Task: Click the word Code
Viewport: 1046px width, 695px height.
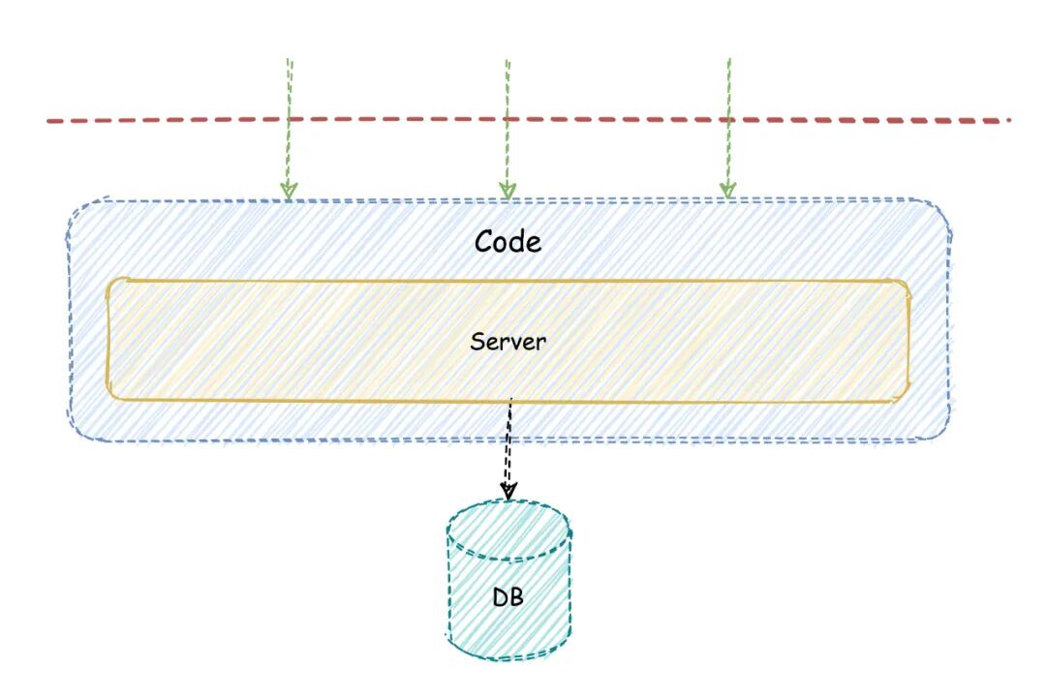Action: click(x=508, y=240)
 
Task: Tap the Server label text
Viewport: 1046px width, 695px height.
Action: click(x=508, y=341)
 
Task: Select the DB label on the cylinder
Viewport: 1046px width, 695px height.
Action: click(x=508, y=597)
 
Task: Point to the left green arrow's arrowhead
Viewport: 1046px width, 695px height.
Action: click(x=288, y=189)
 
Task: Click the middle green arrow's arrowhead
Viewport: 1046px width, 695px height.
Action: click(x=507, y=190)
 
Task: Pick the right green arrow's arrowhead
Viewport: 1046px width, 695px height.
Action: click(x=727, y=189)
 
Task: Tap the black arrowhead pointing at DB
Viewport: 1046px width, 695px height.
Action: click(x=508, y=491)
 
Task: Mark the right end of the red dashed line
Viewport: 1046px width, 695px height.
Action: click(x=1007, y=121)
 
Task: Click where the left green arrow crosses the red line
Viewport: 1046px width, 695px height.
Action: click(x=289, y=120)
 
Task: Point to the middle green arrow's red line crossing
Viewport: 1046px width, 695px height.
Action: click(x=507, y=120)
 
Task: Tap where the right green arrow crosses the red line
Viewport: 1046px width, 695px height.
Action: click(x=727, y=120)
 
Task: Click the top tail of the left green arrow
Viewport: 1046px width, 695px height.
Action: click(x=290, y=60)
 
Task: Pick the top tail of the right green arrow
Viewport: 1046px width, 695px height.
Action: click(x=728, y=60)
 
